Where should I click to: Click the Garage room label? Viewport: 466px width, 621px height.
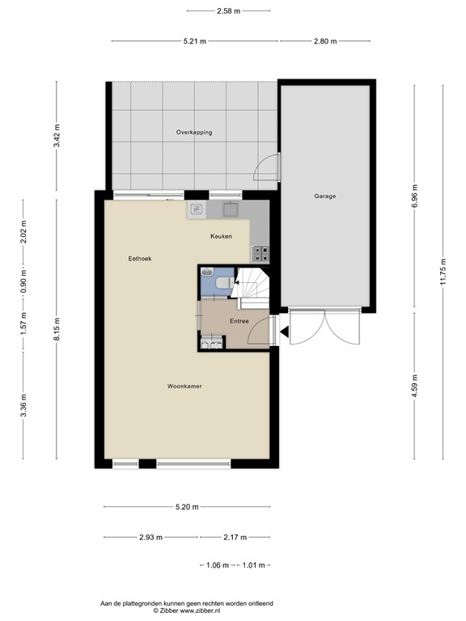(x=325, y=196)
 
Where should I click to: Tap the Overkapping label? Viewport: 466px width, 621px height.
(x=194, y=132)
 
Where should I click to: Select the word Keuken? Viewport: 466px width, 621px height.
(x=221, y=236)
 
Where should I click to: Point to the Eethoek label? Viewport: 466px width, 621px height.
(x=140, y=259)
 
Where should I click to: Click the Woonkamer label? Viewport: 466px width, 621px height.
(x=184, y=387)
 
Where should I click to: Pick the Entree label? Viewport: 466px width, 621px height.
(x=239, y=321)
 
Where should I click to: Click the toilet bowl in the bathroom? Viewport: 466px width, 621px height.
(x=224, y=283)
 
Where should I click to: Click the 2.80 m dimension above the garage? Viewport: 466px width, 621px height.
(x=325, y=40)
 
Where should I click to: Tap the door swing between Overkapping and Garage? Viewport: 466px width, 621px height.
(x=267, y=167)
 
